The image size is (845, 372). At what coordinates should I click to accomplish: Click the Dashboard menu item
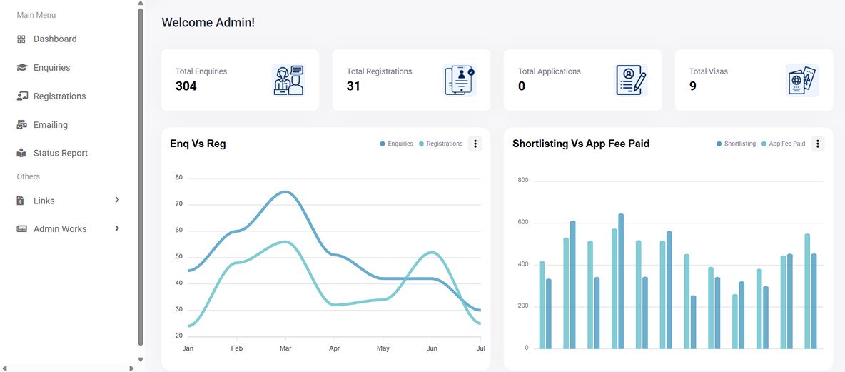point(54,39)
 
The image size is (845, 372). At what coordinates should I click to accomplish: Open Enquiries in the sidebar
point(51,68)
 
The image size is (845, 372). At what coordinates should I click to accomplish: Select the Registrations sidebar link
point(59,96)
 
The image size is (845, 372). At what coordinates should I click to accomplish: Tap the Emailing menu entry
point(50,125)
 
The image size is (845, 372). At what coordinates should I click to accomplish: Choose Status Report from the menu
point(60,154)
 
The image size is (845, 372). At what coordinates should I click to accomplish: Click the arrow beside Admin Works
point(117,228)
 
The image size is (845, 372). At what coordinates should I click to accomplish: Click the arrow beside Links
point(117,200)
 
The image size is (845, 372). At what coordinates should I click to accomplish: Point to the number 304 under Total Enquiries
point(186,86)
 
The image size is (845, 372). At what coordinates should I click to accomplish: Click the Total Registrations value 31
point(353,86)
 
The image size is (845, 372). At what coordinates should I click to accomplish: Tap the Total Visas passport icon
point(801,80)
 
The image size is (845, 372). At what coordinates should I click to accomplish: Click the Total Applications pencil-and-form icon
point(631,80)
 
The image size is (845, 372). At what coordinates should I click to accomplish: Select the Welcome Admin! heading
point(208,23)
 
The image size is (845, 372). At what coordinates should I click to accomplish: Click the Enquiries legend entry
point(397,144)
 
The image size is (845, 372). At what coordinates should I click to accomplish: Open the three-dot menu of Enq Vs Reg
point(475,144)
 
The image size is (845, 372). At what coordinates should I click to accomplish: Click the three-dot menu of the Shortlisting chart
point(818,144)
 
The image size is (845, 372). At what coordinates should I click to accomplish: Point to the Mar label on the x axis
point(285,348)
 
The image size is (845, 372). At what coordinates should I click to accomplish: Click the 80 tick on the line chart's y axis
point(179,178)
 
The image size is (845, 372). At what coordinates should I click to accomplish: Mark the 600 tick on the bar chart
point(522,223)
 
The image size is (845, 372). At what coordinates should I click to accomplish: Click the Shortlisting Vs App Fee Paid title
point(581,144)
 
